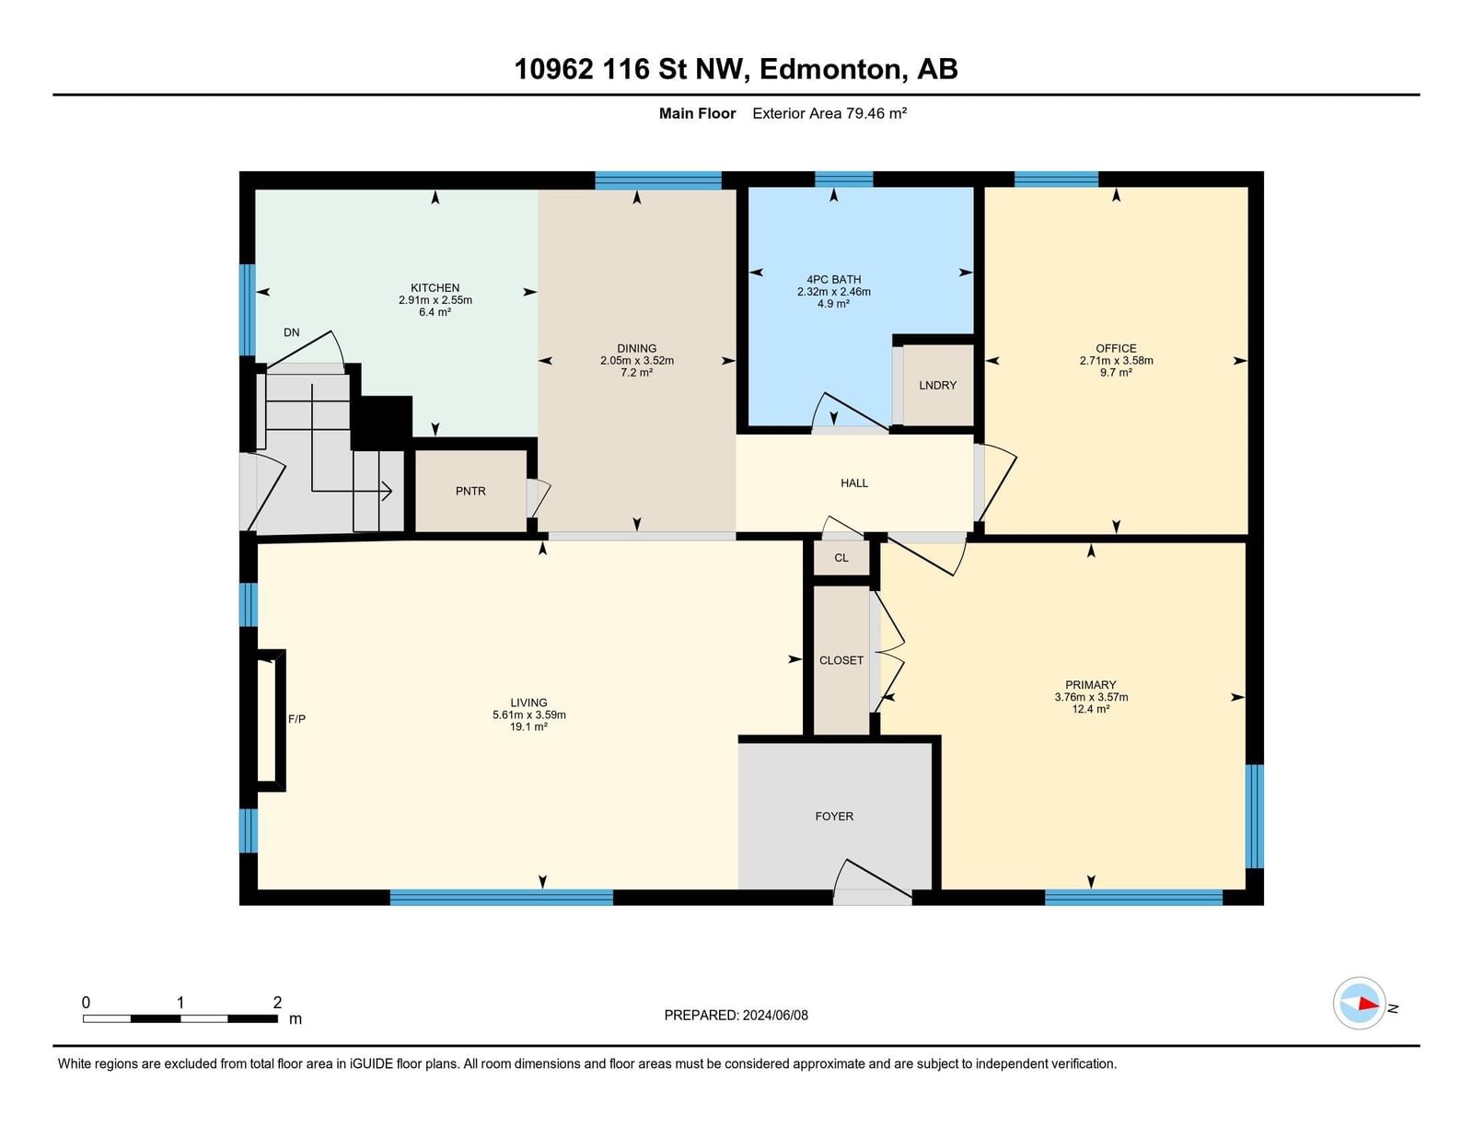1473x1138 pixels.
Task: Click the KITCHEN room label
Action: pos(435,287)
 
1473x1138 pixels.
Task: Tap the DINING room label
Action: pos(636,348)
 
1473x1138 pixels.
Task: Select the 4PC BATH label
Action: pos(834,279)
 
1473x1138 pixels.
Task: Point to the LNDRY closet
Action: pos(937,385)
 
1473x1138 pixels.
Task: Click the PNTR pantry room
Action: pos(470,491)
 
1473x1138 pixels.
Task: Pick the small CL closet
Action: pos(841,558)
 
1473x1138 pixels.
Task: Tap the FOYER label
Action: pos(834,816)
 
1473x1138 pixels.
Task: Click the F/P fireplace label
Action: pos(297,718)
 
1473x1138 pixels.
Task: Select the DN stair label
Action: pos(292,332)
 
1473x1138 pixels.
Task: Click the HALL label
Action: pos(854,483)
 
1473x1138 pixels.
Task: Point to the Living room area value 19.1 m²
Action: pos(528,726)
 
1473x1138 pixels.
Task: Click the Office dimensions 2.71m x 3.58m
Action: pos(1117,361)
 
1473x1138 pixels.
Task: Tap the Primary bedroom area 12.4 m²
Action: pos(1091,709)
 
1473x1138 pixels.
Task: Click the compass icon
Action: pos(1359,1004)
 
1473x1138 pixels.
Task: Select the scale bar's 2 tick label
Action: pos(277,1003)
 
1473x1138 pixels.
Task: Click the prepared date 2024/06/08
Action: pos(775,1016)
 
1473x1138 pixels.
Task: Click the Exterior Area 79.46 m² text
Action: pos(829,113)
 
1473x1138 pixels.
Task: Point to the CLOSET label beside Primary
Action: pos(841,660)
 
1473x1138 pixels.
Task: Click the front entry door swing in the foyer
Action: pos(873,879)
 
